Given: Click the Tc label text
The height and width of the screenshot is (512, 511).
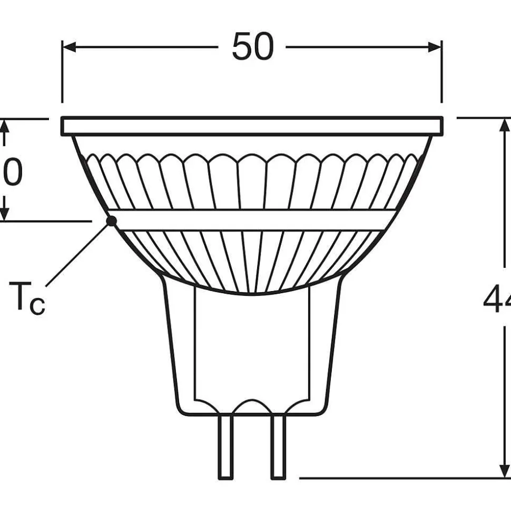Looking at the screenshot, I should pos(27,298).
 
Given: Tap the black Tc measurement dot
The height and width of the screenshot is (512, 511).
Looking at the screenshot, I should pos(111,221).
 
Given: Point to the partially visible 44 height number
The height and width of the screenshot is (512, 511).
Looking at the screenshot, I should pos(497,301).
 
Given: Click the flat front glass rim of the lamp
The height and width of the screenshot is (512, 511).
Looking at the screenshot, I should pos(252,126).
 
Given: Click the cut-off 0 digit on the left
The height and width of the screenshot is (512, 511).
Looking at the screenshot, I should pos(13,172).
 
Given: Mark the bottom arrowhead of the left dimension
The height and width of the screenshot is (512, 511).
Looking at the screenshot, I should pos(5,213).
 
